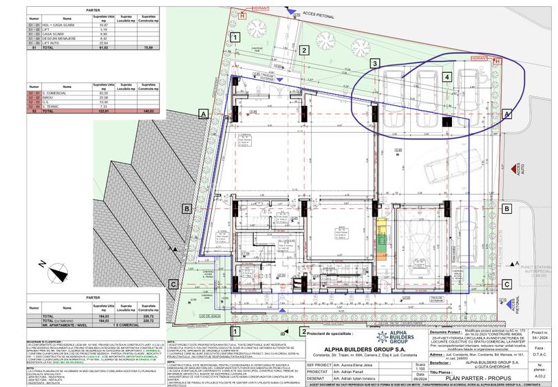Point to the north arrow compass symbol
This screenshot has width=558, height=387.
point(58,271)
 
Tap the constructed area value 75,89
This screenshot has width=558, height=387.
point(146,47)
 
